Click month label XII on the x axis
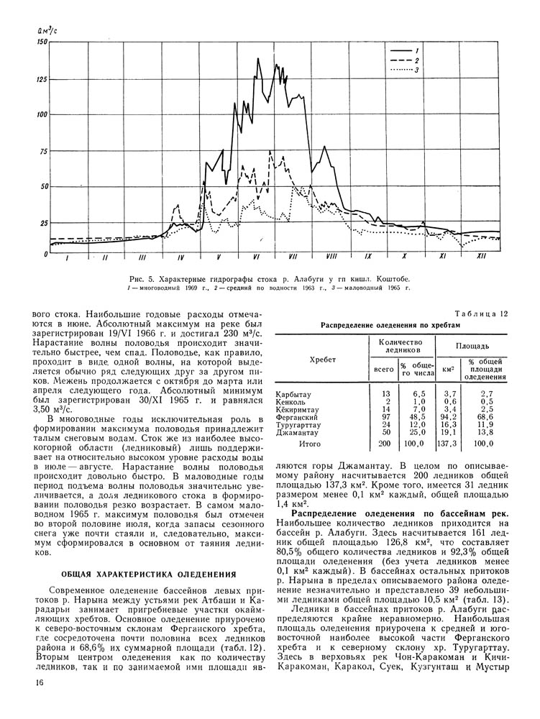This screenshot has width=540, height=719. click(481, 257)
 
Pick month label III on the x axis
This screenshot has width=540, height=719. click(142, 257)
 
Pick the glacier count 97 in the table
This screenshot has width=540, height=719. click(386, 416)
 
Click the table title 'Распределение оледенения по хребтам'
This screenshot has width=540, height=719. click(394, 324)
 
